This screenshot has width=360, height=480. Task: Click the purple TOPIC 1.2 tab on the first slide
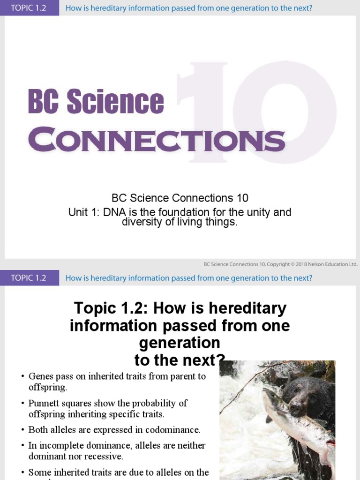29,8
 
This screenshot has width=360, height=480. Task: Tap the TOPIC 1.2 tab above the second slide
29,278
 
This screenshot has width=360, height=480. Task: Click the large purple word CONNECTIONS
157,140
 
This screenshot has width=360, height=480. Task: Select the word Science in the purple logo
115,102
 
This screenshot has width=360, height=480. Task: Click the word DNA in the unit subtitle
114,212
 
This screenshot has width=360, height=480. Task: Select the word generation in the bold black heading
180,343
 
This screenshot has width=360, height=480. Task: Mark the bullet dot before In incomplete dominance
22,446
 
